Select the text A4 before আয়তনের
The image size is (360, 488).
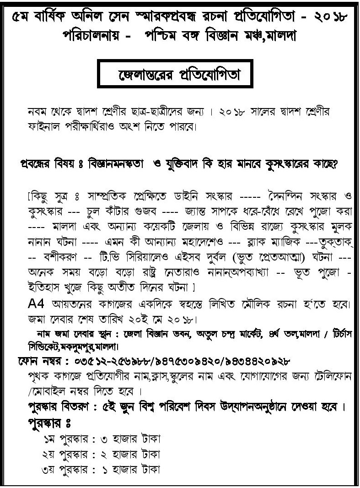[36, 304]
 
